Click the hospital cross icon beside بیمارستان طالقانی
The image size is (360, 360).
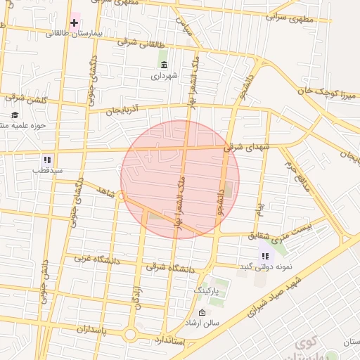pos(75,23)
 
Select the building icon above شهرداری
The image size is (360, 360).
pos(164,65)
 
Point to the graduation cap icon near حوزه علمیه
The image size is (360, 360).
pos(14,115)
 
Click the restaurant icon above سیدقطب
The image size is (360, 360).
pos(47,160)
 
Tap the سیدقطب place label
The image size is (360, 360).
pos(51,170)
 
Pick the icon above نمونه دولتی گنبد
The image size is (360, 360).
pos(265,257)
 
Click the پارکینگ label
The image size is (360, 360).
pos(207,290)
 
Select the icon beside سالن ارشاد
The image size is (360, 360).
pos(202,312)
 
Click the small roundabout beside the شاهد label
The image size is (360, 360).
pos(122,196)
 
